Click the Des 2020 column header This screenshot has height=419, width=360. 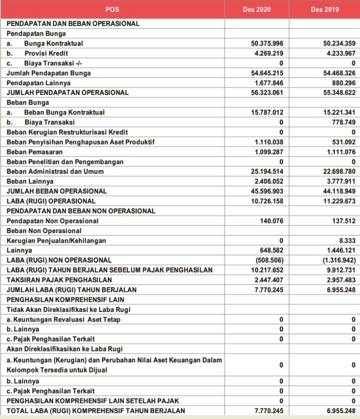click(x=257, y=9)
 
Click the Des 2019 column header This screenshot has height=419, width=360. click(x=325, y=9)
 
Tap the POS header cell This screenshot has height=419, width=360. click(x=113, y=9)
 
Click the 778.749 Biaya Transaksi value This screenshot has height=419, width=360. click(x=342, y=122)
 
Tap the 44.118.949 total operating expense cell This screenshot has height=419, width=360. click(x=337, y=191)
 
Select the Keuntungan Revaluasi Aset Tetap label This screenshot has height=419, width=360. click(x=63, y=320)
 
